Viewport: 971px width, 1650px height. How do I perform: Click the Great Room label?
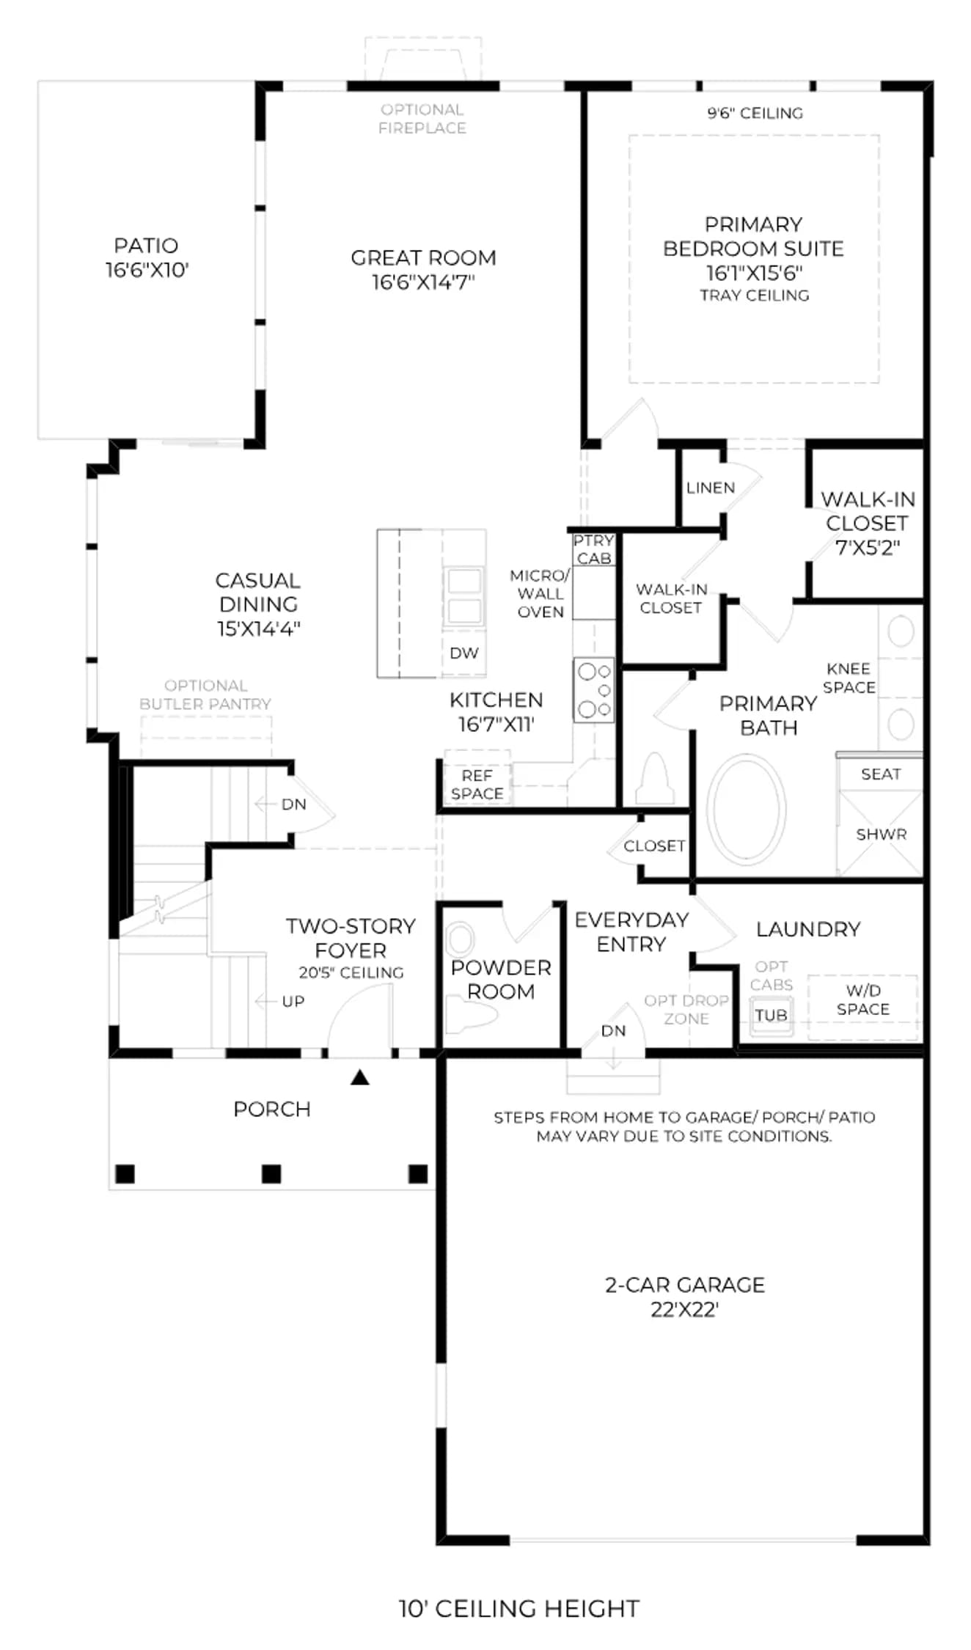coord(423,269)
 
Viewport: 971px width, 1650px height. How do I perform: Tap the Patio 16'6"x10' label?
coord(147,257)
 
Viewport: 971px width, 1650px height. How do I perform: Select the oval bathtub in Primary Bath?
coord(745,810)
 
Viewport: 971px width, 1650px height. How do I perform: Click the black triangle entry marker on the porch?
coord(359,1077)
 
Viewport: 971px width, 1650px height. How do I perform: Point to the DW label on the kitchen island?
coord(464,653)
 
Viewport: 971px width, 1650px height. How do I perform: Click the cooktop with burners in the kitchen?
coord(593,690)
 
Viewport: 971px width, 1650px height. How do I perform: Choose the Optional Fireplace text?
coord(422,119)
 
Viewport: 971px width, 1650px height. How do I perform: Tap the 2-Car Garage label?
coord(684,1297)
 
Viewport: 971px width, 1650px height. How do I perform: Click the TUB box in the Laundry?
coord(771,1016)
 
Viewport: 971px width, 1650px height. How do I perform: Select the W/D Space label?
coord(863,1000)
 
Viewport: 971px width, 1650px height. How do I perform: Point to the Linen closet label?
coord(710,488)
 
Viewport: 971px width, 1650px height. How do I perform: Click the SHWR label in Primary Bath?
coord(881,835)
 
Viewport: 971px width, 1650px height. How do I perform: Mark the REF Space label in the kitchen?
coord(477,785)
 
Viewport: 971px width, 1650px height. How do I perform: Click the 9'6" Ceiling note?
coord(755,113)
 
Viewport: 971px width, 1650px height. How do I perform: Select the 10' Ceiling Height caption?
coord(519,1608)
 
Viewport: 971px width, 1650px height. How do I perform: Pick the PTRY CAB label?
coord(593,549)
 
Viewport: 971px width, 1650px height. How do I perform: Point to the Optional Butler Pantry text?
coord(205,694)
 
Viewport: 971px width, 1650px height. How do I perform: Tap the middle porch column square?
coord(271,1173)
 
